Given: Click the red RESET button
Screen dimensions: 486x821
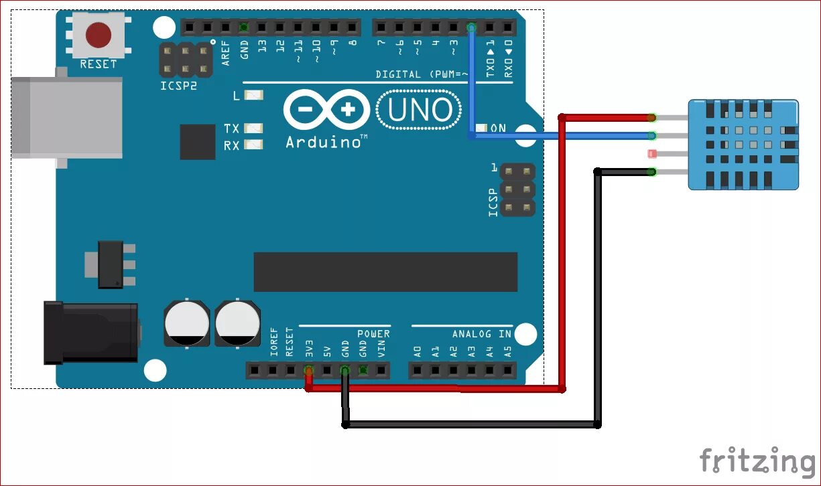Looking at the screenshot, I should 99,33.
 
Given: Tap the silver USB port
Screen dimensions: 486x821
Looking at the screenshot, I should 67,117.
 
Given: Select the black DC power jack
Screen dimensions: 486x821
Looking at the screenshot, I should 91,333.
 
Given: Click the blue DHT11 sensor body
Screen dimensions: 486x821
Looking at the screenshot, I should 744,144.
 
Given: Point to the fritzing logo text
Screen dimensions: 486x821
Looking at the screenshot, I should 757,462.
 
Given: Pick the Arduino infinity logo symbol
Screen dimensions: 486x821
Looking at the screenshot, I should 326,110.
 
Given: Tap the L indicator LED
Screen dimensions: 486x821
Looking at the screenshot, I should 254,96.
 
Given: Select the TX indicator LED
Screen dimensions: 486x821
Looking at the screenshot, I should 254,128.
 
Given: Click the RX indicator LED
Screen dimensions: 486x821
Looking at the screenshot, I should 254,145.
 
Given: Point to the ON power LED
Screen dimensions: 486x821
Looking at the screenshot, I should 481,128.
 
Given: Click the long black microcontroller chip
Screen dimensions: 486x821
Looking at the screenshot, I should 385,272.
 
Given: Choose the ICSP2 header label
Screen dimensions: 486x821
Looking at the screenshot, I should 179,87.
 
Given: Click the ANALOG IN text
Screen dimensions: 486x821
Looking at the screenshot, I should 481,333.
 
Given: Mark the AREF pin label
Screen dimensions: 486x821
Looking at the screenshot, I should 226,52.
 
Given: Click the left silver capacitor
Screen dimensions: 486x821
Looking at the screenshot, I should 186,323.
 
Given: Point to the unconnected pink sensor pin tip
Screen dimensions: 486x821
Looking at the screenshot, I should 653,154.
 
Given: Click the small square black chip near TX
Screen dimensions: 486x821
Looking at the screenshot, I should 198,141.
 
